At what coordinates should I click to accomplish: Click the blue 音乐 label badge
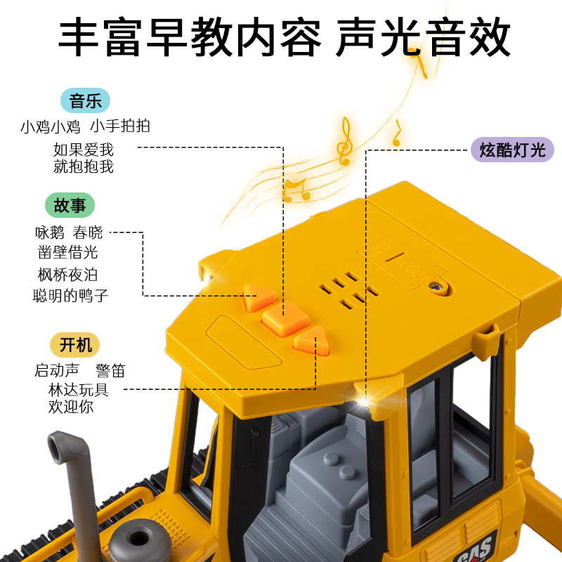coord(86,100)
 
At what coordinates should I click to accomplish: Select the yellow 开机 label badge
coord(75,345)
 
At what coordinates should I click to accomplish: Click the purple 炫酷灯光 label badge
coord(512,150)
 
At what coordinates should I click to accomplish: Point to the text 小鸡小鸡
coord(50,126)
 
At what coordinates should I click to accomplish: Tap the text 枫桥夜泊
coord(67,274)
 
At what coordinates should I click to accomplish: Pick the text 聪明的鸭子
coord(70,296)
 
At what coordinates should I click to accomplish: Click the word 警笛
coord(111,370)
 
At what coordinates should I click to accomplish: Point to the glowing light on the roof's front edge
coord(363,401)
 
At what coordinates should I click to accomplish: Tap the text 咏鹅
coord(50,233)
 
